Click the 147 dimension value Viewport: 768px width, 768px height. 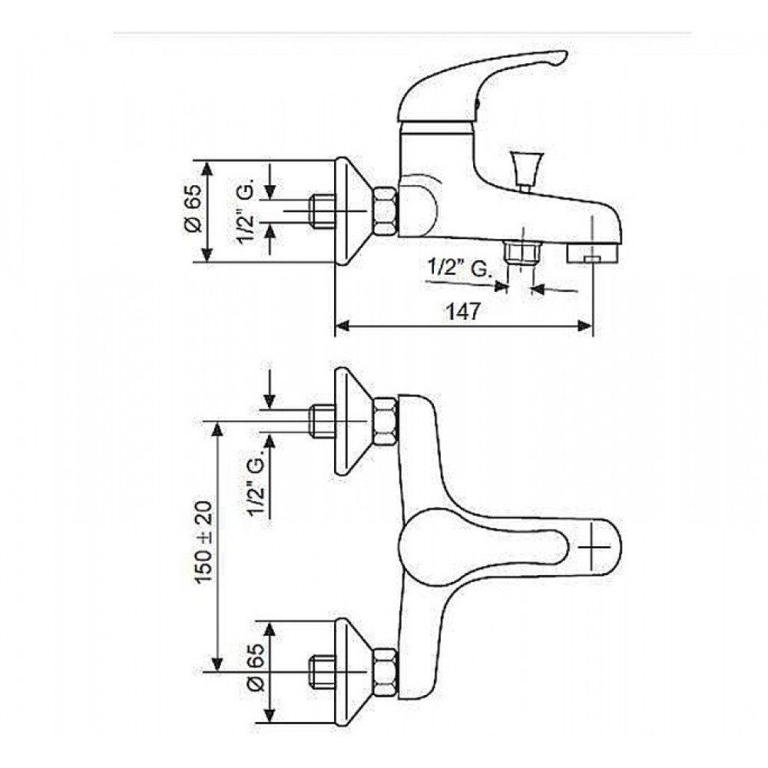click(463, 312)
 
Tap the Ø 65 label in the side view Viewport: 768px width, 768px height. click(193, 209)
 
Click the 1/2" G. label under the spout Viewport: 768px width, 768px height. click(459, 268)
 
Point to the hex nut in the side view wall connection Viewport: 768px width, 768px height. click(385, 211)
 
